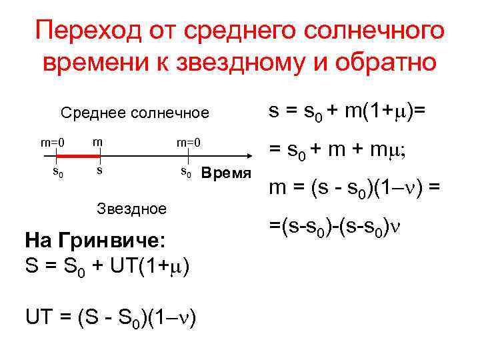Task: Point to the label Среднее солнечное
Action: (135, 113)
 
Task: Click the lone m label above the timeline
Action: (97, 141)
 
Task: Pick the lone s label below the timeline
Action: (99, 171)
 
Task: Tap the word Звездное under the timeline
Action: (131, 209)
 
